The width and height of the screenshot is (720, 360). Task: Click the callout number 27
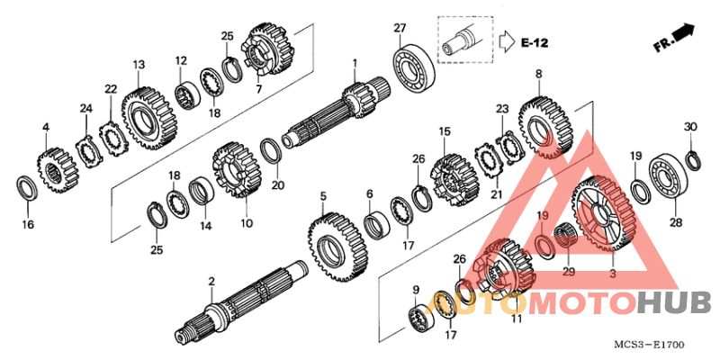pos(400,28)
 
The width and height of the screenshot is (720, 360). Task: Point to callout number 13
pos(139,65)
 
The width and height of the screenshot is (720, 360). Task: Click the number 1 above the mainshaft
pos(355,62)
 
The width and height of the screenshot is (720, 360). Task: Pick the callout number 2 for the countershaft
pos(211,282)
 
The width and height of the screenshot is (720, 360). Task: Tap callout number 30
pos(690,127)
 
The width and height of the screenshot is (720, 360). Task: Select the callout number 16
pos(28,224)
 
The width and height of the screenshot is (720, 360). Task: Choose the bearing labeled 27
pos(415,68)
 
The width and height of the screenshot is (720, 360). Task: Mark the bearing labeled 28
pos(670,179)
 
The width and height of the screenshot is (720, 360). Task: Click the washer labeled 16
pos(28,189)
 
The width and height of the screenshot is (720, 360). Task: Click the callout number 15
pos(444,132)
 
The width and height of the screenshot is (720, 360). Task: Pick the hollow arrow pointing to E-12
pos(506,41)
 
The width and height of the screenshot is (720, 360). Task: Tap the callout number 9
pos(415,290)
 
